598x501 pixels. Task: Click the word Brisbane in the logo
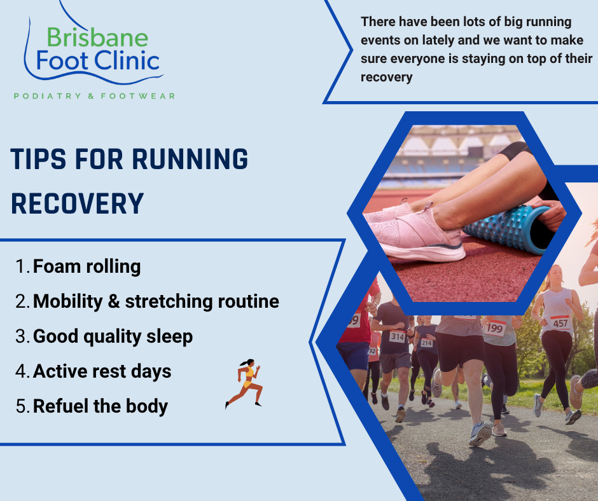point(97,38)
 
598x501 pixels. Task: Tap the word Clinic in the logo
point(127,61)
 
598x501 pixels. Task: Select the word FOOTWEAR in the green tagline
point(137,96)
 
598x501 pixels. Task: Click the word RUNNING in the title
point(190,159)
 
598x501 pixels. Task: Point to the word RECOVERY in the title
point(78,203)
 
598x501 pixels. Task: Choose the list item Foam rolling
point(87,266)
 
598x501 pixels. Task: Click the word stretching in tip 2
point(169,301)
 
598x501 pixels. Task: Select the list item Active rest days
point(102,371)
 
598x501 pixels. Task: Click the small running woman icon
point(244,384)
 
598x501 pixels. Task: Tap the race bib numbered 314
point(397,336)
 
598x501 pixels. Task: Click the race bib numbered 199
point(495,328)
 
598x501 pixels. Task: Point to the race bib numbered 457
point(560,322)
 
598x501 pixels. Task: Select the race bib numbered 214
point(426,343)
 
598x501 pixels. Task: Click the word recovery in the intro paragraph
point(386,77)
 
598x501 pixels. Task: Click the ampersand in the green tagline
point(91,96)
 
